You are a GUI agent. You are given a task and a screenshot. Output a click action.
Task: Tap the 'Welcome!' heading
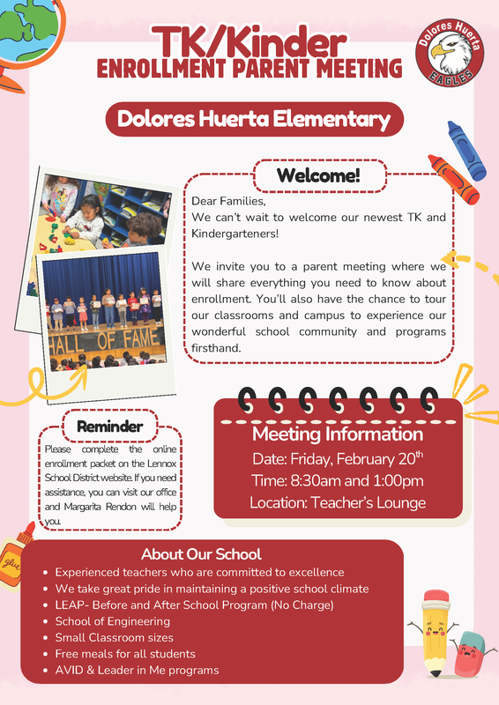coord(318,174)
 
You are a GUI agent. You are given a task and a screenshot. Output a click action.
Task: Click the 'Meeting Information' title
coord(338,434)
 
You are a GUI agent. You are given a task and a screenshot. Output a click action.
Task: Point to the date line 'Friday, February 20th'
coord(338,458)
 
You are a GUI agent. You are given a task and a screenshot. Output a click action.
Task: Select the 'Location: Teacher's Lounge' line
coord(338,503)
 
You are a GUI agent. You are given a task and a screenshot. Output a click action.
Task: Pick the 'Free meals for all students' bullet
coord(125,654)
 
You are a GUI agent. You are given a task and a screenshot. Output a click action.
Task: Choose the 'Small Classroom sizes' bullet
coord(114,637)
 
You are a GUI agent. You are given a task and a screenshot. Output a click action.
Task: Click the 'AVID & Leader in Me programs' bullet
coord(137,671)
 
